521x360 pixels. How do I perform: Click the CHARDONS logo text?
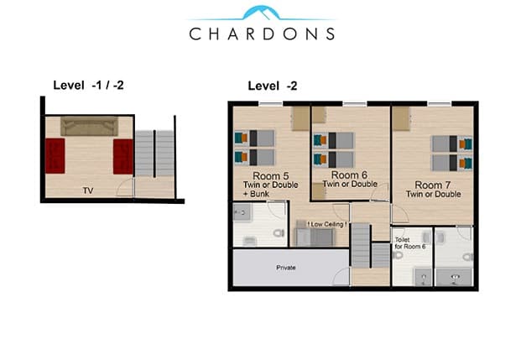pyautogui.click(x=262, y=34)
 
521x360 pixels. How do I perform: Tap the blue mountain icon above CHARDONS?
pyautogui.click(x=261, y=13)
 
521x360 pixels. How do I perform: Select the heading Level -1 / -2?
pyautogui.click(x=88, y=86)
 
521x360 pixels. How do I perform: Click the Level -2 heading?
pyautogui.click(x=273, y=86)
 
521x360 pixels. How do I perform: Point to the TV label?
pyautogui.click(x=88, y=190)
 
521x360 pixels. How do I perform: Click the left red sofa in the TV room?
pyautogui.click(x=55, y=156)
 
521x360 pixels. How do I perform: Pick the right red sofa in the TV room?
pyautogui.click(x=123, y=157)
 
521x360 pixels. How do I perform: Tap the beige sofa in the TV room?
pyautogui.click(x=89, y=126)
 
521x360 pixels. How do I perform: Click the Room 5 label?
pyautogui.click(x=271, y=175)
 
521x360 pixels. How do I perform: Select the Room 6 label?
pyautogui.click(x=349, y=175)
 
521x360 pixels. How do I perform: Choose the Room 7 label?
pyautogui.click(x=433, y=185)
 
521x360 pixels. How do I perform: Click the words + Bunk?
pyautogui.click(x=256, y=194)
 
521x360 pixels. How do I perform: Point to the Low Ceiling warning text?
pyautogui.click(x=327, y=224)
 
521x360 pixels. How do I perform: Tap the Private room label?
pyautogui.click(x=286, y=268)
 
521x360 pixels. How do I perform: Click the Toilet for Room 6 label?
pyautogui.click(x=410, y=243)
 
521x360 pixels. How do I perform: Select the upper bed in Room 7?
pyautogui.click(x=452, y=144)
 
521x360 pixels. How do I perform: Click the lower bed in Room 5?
pyautogui.click(x=255, y=158)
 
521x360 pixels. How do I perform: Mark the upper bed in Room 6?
pyautogui.click(x=334, y=141)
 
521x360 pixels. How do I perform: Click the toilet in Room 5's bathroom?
pyautogui.click(x=279, y=232)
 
